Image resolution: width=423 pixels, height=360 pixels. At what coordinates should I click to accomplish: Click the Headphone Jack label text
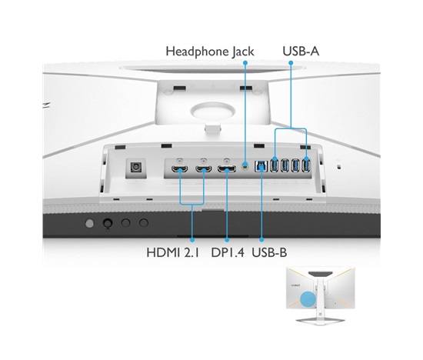click(x=210, y=52)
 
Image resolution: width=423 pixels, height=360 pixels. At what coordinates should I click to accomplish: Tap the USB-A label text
click(x=301, y=52)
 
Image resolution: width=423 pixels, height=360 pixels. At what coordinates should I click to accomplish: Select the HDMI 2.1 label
click(x=172, y=253)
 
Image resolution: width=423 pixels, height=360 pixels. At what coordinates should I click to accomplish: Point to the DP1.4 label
click(x=228, y=253)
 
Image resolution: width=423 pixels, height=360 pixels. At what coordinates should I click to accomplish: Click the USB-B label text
click(x=269, y=253)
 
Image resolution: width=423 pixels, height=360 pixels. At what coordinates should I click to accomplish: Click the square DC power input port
click(x=135, y=168)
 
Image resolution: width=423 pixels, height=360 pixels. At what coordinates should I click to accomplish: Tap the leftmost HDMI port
click(x=180, y=169)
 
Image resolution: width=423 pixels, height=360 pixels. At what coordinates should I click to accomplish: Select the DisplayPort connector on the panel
click(x=227, y=169)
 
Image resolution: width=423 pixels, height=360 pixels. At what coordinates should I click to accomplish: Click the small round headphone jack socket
click(x=245, y=165)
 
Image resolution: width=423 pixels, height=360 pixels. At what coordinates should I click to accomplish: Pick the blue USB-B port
click(x=261, y=166)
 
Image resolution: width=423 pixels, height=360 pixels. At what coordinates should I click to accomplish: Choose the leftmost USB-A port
click(x=274, y=165)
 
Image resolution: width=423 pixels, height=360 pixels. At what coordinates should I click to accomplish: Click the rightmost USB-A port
click(x=306, y=165)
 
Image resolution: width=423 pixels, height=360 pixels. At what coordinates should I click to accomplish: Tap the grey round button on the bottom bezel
click(x=89, y=223)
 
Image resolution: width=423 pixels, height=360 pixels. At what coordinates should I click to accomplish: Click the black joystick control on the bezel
click(x=108, y=223)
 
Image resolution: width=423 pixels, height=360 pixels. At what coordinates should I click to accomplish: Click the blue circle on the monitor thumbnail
click(x=308, y=298)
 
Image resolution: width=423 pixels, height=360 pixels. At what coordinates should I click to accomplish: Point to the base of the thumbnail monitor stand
click(x=320, y=321)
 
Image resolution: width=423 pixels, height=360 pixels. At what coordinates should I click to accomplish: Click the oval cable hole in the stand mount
click(x=212, y=111)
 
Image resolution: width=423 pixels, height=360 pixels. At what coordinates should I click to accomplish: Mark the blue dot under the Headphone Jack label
click(x=245, y=62)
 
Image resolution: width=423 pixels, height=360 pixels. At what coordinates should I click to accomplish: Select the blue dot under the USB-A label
click(x=291, y=62)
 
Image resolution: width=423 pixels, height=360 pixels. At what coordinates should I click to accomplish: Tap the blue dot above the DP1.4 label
click(x=227, y=240)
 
